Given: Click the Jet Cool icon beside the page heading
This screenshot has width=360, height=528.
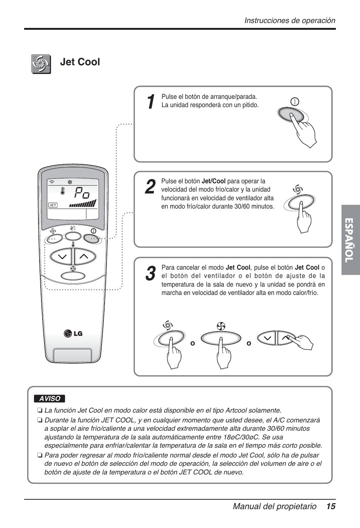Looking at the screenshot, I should [x=41, y=64].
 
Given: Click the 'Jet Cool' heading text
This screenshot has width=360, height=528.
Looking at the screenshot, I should [x=80, y=62].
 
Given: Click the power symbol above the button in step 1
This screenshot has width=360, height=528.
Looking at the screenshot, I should [x=295, y=101].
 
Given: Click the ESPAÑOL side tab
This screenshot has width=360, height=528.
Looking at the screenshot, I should [x=351, y=240].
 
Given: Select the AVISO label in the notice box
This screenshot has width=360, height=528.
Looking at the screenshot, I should [x=49, y=399].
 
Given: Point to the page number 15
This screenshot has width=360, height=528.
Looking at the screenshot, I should [x=331, y=507].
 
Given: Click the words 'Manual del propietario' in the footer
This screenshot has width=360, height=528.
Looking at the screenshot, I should [x=274, y=507].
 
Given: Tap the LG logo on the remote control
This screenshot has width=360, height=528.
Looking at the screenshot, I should [x=73, y=333].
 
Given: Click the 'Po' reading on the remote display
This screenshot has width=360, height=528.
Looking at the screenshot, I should [x=82, y=193].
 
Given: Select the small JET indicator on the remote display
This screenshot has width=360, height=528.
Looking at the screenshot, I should [x=53, y=205].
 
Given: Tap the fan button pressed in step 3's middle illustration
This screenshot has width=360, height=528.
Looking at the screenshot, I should [x=221, y=338].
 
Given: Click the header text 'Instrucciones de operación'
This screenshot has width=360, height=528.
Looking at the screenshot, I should [x=289, y=21].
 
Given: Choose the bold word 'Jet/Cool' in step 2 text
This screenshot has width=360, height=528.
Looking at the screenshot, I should [x=213, y=181].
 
